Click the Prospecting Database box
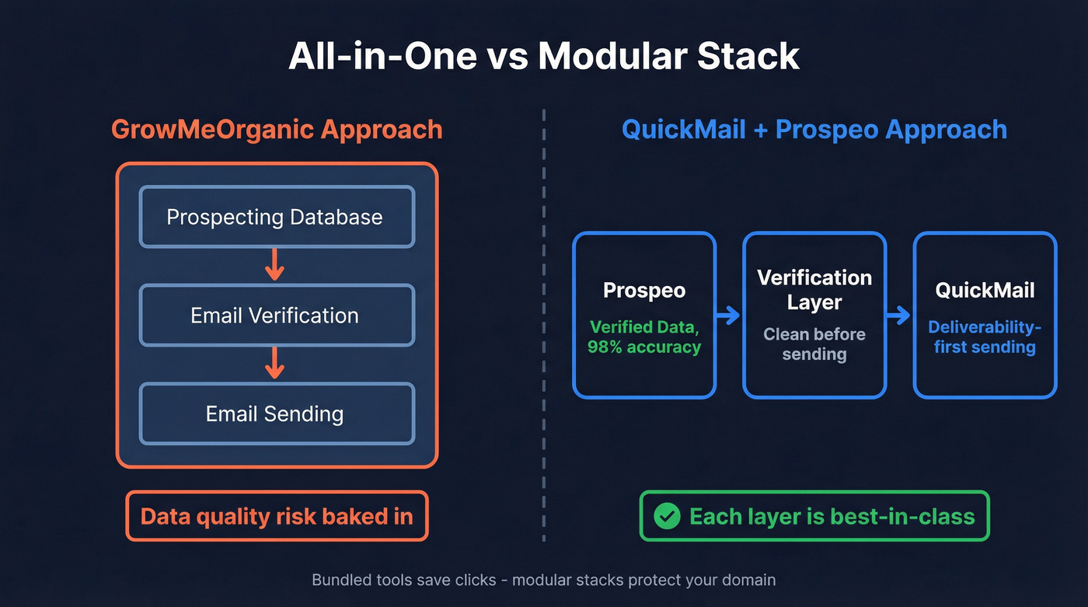[276, 216]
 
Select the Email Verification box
[276, 315]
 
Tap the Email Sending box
[276, 413]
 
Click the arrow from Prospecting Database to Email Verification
[274, 265]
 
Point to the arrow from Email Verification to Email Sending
[274, 363]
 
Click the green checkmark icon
[667, 516]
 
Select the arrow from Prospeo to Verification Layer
[728, 315]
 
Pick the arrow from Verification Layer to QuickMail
[898, 315]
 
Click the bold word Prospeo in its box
[644, 291]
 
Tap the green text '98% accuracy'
[644, 347]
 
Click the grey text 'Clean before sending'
[814, 344]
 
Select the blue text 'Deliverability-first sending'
[985, 337]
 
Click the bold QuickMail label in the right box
[985, 291]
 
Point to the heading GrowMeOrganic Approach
[276, 129]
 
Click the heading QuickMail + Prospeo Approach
[814, 129]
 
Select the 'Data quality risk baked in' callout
[276, 516]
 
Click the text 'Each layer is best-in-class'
[832, 516]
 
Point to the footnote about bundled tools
[543, 580]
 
